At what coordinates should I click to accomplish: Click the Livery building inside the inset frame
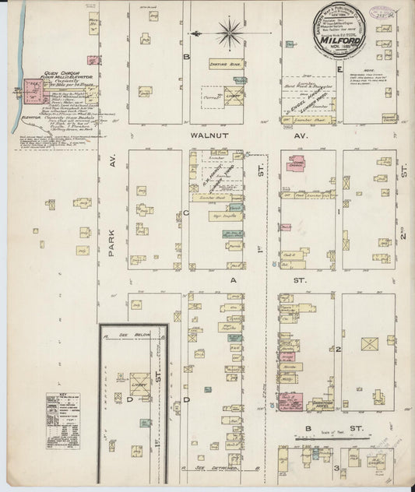pyautogui.click(x=141, y=385)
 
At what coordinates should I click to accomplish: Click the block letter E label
pyautogui.click(x=341, y=67)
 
